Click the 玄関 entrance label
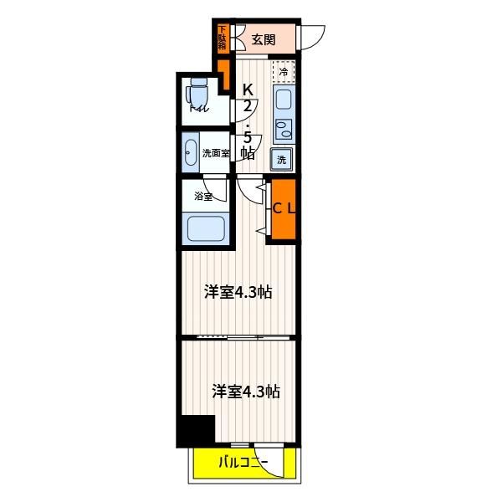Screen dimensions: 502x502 point(264,39)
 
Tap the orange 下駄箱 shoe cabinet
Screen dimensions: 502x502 point(223,38)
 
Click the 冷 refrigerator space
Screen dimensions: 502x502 point(284,72)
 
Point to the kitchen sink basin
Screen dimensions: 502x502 point(284,100)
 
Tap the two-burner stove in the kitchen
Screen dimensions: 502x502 point(284,130)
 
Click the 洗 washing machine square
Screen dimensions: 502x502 point(281,160)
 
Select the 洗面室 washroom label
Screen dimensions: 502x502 point(216,153)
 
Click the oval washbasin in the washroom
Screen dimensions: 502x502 point(191,152)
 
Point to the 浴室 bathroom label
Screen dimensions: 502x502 point(203,197)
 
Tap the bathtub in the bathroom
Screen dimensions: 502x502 point(206,228)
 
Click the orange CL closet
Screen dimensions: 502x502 point(284,209)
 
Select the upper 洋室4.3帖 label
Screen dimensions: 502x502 point(238,292)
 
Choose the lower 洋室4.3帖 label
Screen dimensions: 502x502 point(246,392)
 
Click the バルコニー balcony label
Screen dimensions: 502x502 point(243,463)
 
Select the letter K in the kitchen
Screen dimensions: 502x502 point(248,90)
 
